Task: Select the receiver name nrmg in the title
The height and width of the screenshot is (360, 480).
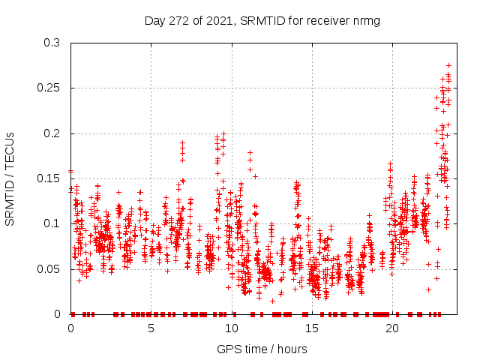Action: (x=367, y=21)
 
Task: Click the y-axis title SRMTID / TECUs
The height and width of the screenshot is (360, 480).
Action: (x=10, y=178)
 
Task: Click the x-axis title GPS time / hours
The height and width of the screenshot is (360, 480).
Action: (x=262, y=349)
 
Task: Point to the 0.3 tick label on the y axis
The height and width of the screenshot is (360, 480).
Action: (x=52, y=43)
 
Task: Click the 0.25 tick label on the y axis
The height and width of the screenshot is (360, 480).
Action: (x=49, y=88)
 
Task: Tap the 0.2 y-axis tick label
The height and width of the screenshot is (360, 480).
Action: (x=52, y=133)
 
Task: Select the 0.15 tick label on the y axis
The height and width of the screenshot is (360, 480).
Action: (x=49, y=178)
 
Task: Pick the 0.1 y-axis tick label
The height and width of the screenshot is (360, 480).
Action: (x=52, y=223)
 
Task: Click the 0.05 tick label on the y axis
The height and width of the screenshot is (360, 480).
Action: (x=49, y=268)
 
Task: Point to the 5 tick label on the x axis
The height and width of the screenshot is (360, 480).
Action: (x=151, y=328)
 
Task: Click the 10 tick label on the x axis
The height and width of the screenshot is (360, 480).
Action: (x=232, y=328)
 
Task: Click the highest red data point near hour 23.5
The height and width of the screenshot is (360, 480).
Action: (x=448, y=65)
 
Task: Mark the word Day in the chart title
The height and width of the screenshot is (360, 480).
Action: (x=154, y=21)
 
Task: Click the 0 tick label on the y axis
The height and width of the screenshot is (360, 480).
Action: (x=58, y=313)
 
